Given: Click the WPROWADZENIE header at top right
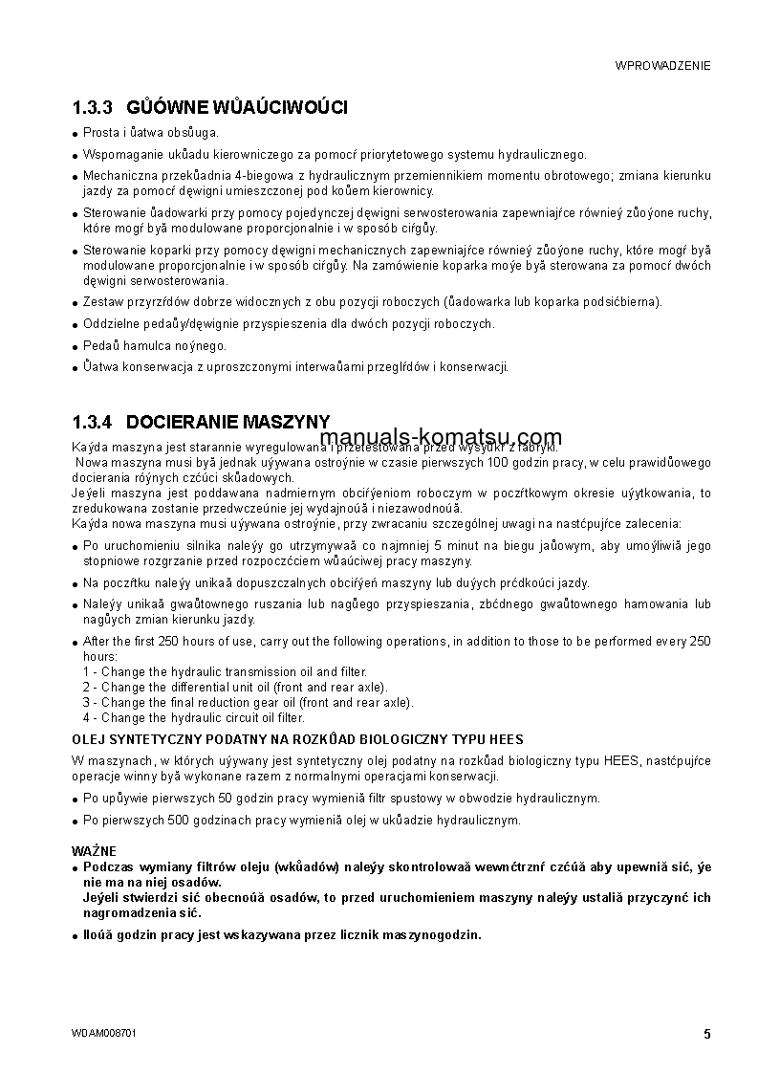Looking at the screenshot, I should [x=662, y=66].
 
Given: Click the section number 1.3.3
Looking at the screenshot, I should [x=93, y=107].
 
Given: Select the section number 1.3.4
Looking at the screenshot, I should [x=93, y=422].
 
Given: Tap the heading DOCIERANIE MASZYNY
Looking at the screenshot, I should [x=227, y=422].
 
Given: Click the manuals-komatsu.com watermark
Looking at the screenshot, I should [x=441, y=438].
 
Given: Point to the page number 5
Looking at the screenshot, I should [x=706, y=1034].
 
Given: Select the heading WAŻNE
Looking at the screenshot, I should [x=94, y=850].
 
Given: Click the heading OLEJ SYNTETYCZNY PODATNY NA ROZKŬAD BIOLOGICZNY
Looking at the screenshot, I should [x=297, y=739].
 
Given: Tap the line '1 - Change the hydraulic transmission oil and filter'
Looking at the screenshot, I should [x=225, y=672].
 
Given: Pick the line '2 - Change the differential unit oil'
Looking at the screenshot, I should [x=235, y=687].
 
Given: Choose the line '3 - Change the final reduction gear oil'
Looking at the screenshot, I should [x=248, y=702].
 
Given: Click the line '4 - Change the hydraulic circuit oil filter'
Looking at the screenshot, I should [x=194, y=717].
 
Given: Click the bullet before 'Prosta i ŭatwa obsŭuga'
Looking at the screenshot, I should [x=76, y=134].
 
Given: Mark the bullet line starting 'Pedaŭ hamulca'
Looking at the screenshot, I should [x=155, y=345].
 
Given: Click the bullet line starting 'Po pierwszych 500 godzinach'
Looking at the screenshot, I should [x=301, y=820].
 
